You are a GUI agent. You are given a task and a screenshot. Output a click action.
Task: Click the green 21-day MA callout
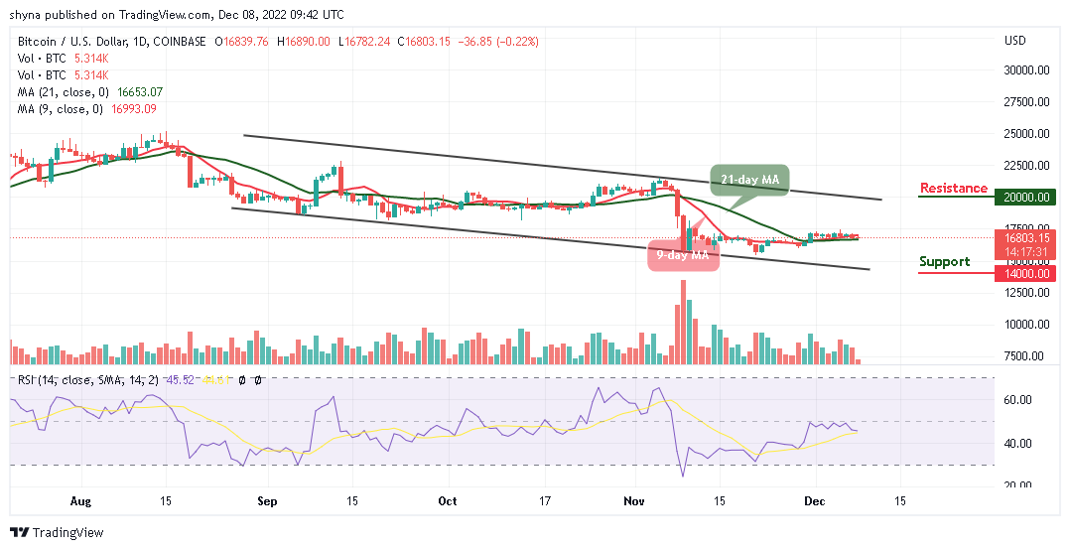pos(749,179)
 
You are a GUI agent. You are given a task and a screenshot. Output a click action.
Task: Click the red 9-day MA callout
pos(682,255)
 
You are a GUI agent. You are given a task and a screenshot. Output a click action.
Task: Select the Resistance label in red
pos(953,189)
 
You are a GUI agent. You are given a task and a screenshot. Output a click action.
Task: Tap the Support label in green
pos(944,262)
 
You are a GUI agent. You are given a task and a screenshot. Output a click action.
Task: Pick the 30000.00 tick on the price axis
pos(1027,70)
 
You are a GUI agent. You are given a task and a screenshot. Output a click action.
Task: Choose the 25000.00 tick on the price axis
pos(1027,134)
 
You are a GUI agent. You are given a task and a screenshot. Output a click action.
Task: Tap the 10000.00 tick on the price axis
pos(1027,325)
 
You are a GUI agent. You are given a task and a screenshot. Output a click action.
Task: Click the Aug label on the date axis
pos(79,501)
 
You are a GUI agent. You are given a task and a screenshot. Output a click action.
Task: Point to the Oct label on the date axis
pos(448,501)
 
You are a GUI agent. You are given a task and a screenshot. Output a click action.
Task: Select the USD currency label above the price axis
pos(1014,41)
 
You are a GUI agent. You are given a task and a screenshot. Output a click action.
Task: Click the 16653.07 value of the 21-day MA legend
pos(139,91)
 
